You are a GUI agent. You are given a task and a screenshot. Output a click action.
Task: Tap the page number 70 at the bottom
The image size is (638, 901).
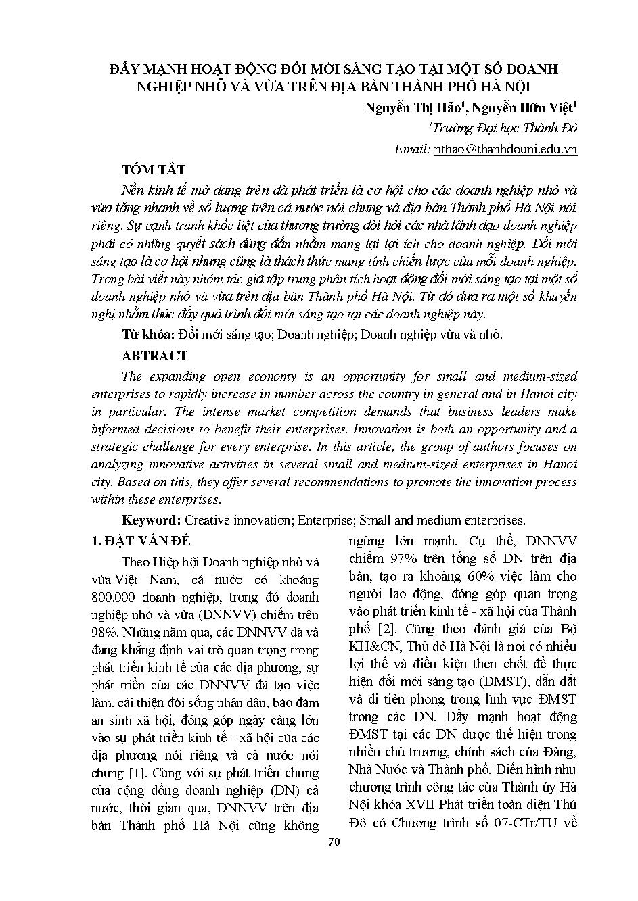(333, 842)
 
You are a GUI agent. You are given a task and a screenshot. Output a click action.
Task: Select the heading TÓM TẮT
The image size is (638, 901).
(154, 170)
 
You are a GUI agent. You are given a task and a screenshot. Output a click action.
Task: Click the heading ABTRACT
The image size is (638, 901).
(154, 356)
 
